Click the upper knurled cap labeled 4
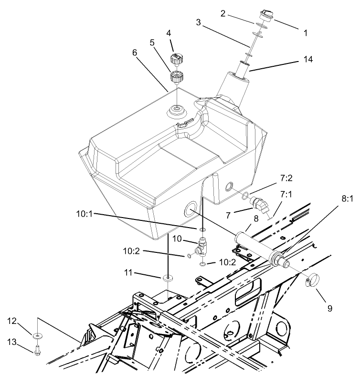175,61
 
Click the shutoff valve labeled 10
202,246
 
